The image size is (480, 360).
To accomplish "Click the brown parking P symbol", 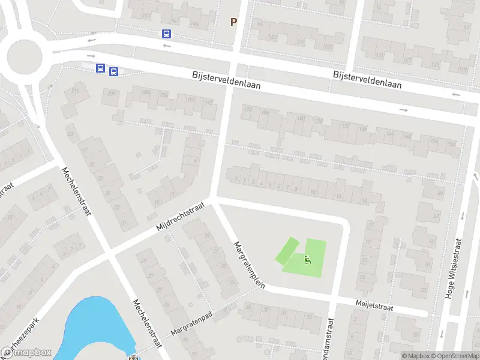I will tap(234, 22).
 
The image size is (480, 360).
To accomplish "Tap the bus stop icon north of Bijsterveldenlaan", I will tap(166, 35).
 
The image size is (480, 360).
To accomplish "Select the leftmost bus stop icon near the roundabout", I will tap(101, 68).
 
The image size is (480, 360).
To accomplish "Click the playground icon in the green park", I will tap(308, 260).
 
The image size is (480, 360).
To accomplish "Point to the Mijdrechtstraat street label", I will tap(180, 217).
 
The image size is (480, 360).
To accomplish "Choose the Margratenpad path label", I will tap(192, 325).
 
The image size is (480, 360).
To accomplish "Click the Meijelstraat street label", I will tap(373, 307).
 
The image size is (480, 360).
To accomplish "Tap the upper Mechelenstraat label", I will tap(76, 192).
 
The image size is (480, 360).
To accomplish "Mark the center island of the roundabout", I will tap(25, 58).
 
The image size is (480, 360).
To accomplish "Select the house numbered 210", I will tap(76, 91).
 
